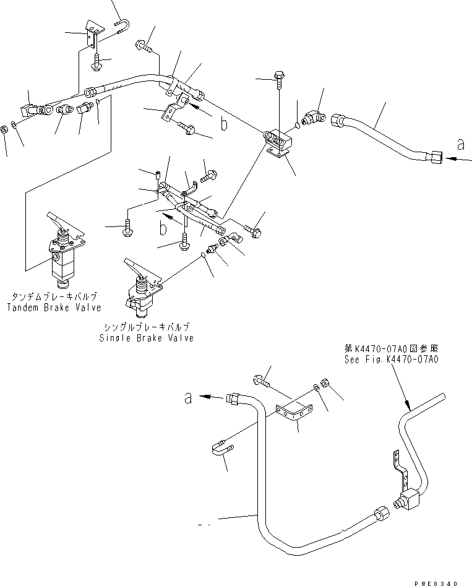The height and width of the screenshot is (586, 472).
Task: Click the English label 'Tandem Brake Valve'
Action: pyautogui.click(x=54, y=308)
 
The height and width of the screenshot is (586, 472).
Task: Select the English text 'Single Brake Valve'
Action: pyautogui.click(x=147, y=338)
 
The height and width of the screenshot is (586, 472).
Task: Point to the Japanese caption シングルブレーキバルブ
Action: pyautogui.click(x=147, y=327)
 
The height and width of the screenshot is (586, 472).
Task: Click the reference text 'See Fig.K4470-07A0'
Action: pyautogui.click(x=392, y=359)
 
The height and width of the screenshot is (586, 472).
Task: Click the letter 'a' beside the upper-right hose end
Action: pyautogui.click(x=460, y=144)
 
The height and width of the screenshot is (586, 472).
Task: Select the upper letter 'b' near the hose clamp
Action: pyautogui.click(x=224, y=124)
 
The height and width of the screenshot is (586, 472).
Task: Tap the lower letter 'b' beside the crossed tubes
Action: pyautogui.click(x=162, y=229)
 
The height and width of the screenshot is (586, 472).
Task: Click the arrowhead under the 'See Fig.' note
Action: pyautogui.click(x=408, y=408)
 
